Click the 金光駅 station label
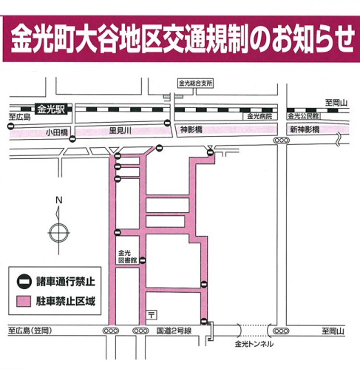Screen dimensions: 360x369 pos(51,109)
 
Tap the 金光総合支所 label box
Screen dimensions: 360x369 pos(195,84)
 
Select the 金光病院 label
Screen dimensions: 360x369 pos(259,116)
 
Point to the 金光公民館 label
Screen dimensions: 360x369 pos(303,116)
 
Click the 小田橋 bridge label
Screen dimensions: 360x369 pos(57,132)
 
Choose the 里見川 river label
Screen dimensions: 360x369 pos(120,131)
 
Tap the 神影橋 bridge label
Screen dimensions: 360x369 pos(191,129)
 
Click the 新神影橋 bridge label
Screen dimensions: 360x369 pos(305,129)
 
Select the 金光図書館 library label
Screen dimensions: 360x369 pos(127,257)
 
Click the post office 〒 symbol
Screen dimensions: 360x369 pos(152,315)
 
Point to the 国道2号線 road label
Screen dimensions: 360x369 pos(174,331)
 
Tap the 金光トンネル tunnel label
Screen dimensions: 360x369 pos(254,344)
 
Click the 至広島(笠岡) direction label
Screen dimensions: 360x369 pos(30,331)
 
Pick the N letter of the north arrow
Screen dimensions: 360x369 pos(58,200)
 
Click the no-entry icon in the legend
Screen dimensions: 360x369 pos(24,282)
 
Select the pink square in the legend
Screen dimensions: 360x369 pos(24,302)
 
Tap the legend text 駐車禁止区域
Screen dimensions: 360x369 pos(66,301)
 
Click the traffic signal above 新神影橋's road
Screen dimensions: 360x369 pos(282,141)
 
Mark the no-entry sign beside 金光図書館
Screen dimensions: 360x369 pos(143,260)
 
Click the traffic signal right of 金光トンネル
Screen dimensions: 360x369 pos(281,331)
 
